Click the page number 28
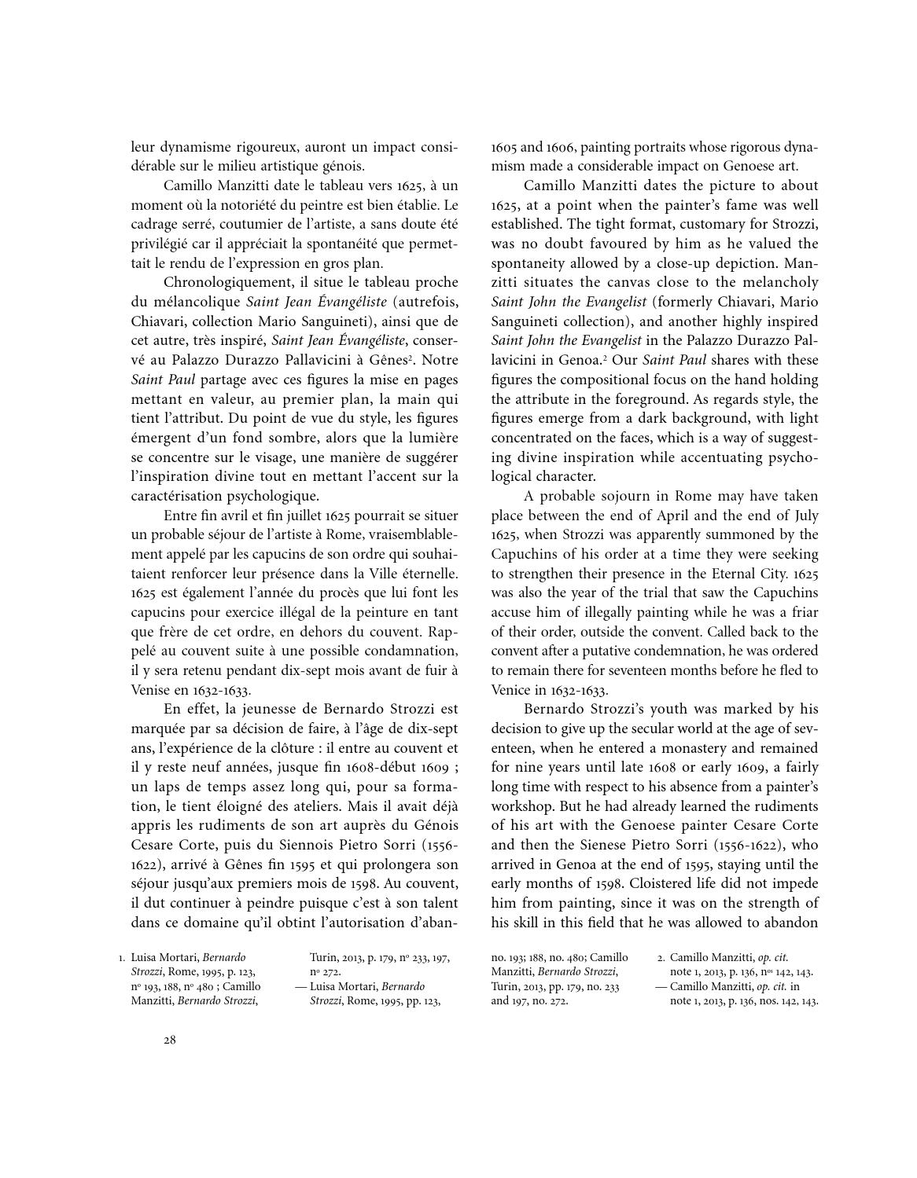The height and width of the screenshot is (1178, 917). [x=169, y=1040]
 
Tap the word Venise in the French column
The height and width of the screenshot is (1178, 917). [x=150, y=690]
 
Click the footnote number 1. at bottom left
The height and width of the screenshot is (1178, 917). [x=122, y=958]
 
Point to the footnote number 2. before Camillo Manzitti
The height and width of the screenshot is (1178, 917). [x=661, y=958]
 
